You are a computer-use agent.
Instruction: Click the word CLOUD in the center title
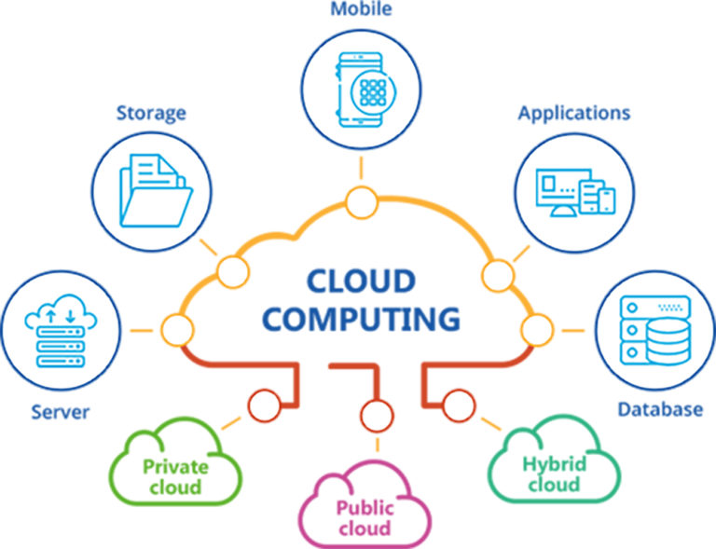(360, 280)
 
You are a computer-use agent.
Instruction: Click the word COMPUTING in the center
(360, 318)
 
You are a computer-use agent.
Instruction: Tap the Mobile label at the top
(361, 10)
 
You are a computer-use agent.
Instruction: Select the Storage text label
(151, 114)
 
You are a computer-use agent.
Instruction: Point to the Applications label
(574, 114)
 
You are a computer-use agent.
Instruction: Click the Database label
(660, 409)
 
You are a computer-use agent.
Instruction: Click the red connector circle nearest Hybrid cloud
(457, 405)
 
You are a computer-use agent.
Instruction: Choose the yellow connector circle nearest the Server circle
(175, 330)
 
